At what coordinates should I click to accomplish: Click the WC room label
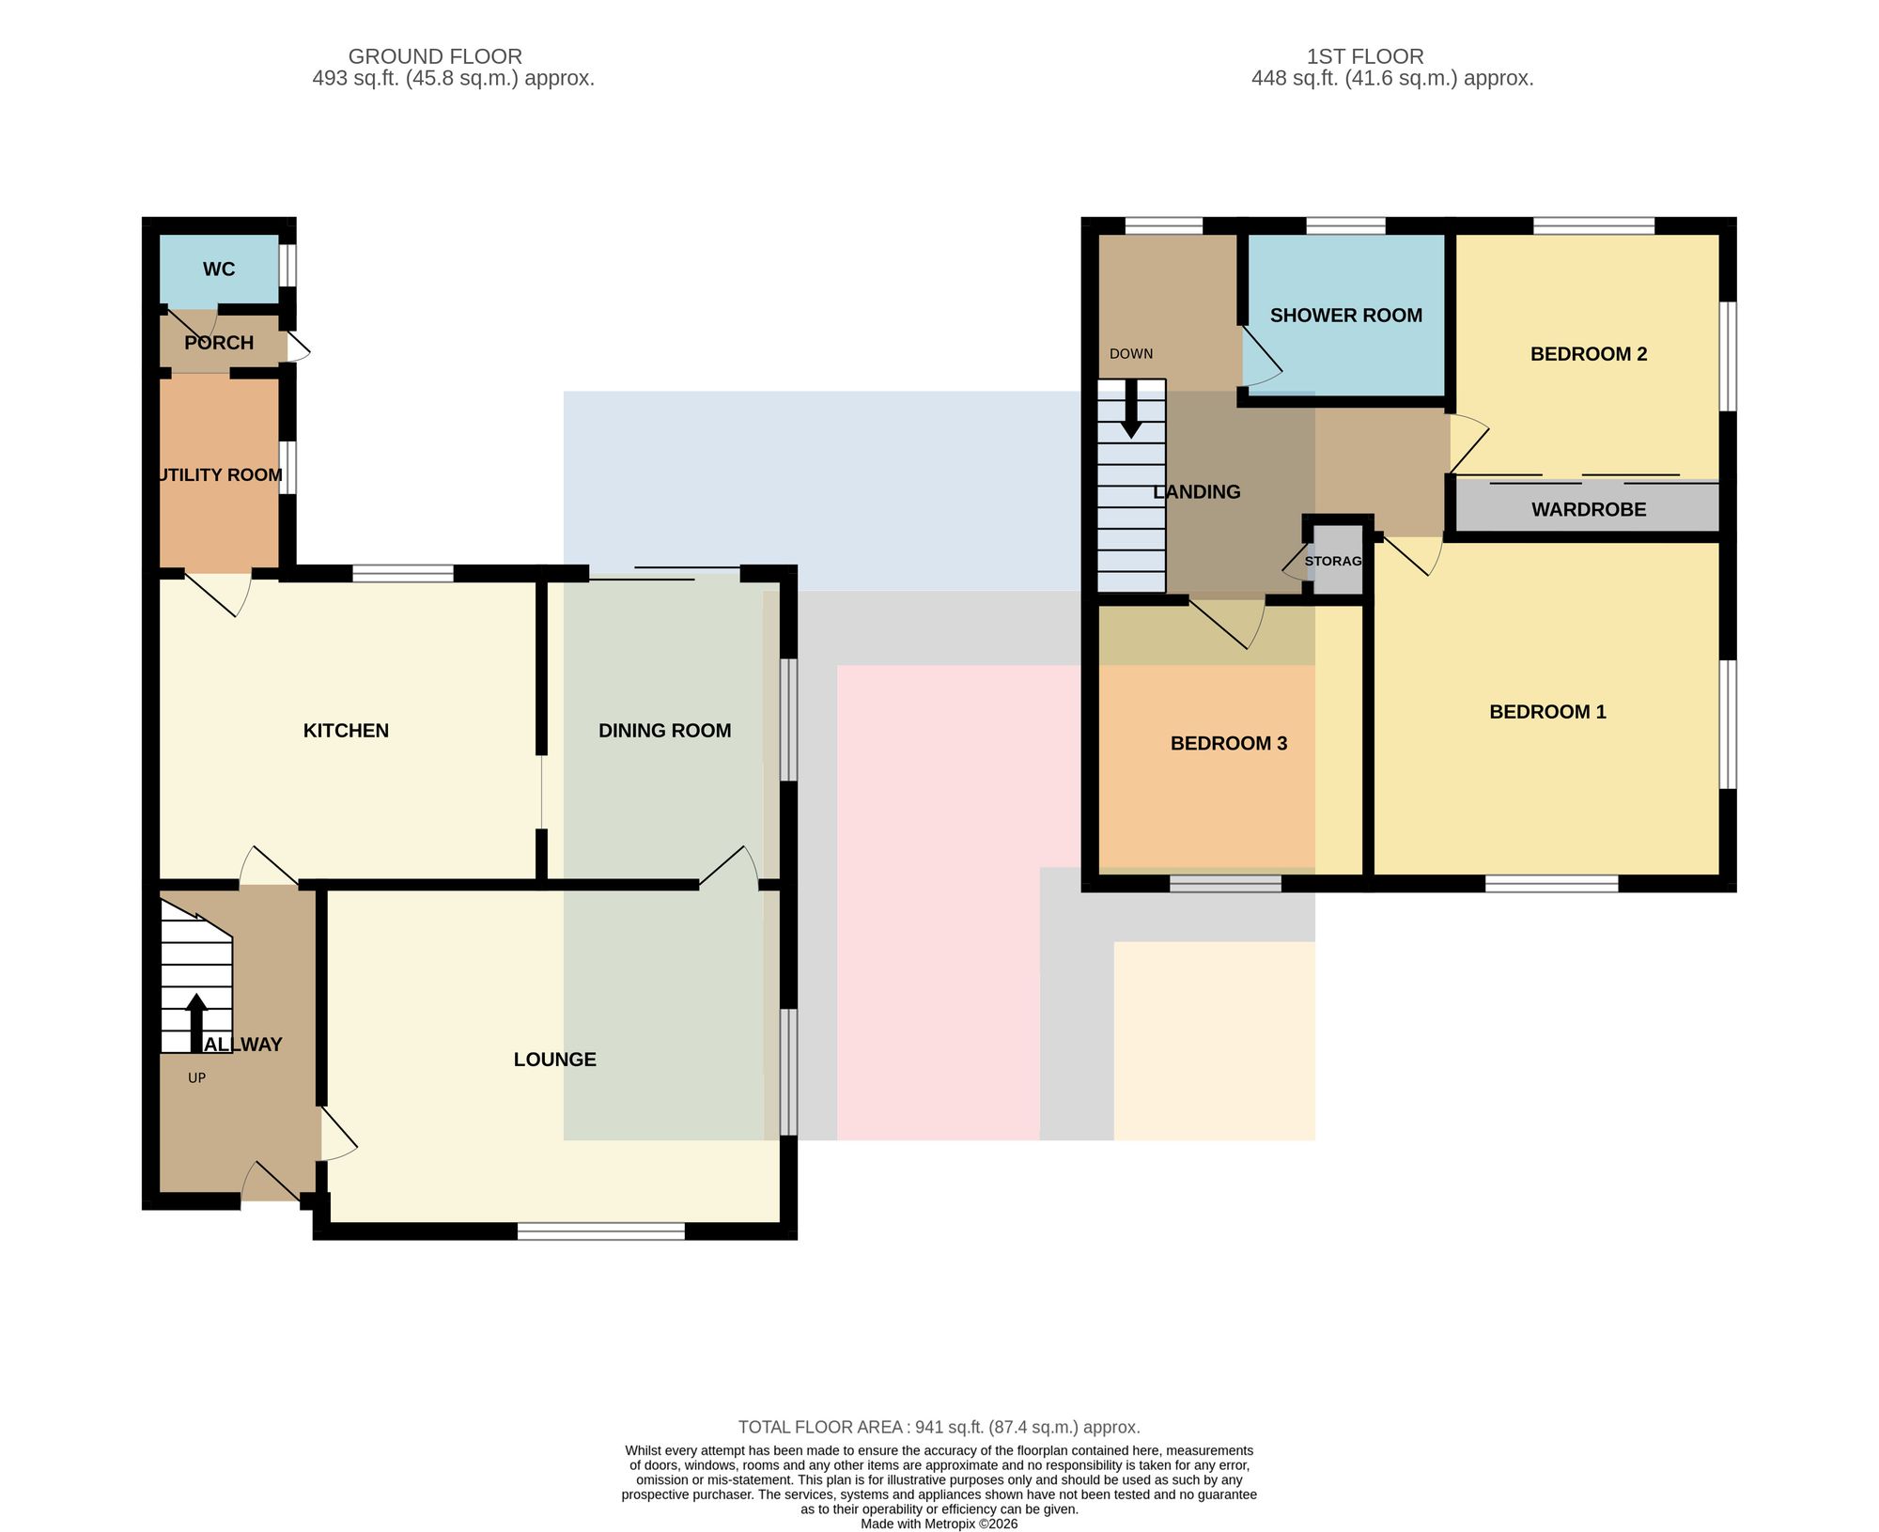coord(219,270)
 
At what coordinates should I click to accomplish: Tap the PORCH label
coord(219,343)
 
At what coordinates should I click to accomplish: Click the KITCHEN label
coord(346,731)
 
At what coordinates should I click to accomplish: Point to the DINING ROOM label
coord(665,731)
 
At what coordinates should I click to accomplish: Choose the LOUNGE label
coord(555,1060)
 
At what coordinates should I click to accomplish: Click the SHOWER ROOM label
coord(1346,316)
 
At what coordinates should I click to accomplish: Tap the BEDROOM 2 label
coord(1589,354)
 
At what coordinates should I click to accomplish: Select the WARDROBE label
coord(1589,510)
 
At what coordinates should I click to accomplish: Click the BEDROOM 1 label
coord(1548,712)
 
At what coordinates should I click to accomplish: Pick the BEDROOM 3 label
coord(1229,744)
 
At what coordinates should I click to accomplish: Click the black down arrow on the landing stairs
coord(1132,409)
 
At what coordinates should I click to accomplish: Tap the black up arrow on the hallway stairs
coord(196,1023)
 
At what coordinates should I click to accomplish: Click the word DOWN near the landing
coord(1131,354)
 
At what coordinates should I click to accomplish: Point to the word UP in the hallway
coord(196,1078)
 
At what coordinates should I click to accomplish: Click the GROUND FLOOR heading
coord(435,56)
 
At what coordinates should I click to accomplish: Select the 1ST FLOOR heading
coord(1365,56)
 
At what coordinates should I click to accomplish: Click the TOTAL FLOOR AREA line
coord(939,1428)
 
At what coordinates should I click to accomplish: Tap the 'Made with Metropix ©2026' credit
coord(939,1524)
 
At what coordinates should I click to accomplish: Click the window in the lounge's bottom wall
coord(601,1231)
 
